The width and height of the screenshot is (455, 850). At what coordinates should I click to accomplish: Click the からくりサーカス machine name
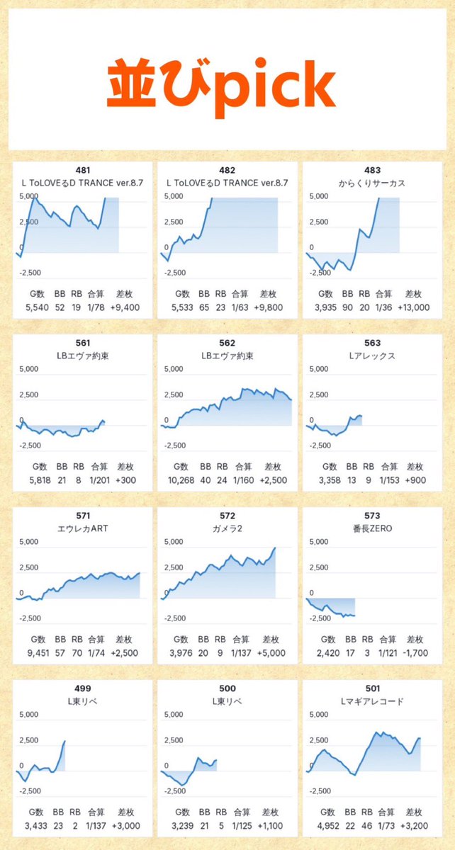point(372,183)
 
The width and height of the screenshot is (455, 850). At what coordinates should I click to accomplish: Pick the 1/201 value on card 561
point(99,479)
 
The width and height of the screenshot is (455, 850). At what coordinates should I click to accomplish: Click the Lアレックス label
point(372,356)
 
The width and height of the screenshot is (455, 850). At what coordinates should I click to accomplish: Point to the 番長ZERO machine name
point(372,528)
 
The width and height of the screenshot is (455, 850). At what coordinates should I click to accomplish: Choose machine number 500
point(227,688)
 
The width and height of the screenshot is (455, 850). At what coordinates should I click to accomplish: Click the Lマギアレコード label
point(372,701)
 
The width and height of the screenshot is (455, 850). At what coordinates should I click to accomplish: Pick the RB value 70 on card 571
point(77,652)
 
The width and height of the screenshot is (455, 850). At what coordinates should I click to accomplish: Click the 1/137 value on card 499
point(99,825)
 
